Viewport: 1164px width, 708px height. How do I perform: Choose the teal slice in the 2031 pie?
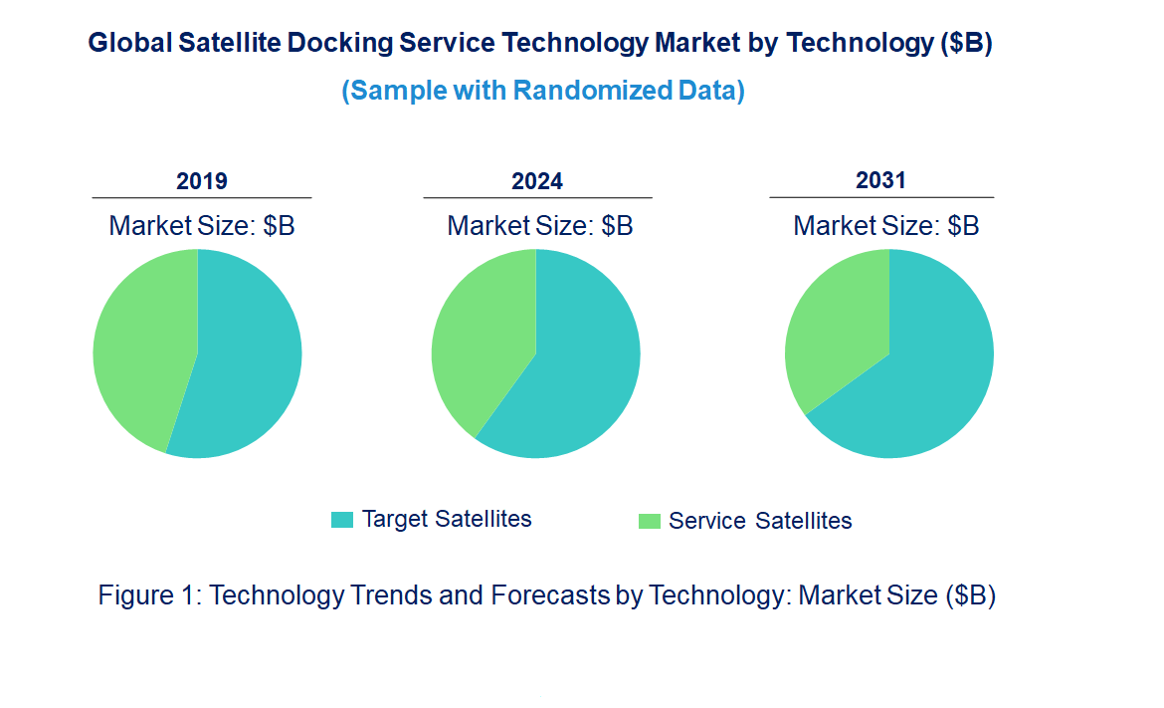pos(915,388)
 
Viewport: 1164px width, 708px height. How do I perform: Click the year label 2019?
pos(202,181)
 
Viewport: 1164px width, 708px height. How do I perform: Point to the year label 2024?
pos(537,181)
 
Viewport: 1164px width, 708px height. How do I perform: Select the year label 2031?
pos(881,180)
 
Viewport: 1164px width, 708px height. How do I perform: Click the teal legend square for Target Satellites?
pos(342,520)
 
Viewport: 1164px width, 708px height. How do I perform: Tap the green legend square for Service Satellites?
pos(649,521)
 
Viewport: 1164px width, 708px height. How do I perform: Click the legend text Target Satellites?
pos(447,519)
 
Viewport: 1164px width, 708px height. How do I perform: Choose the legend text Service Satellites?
pos(760,521)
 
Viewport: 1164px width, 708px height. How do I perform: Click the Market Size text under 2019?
pos(202,226)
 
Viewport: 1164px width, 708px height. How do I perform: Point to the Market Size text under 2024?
pos(540,226)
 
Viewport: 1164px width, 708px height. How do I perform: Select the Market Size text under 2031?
pos(886,226)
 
